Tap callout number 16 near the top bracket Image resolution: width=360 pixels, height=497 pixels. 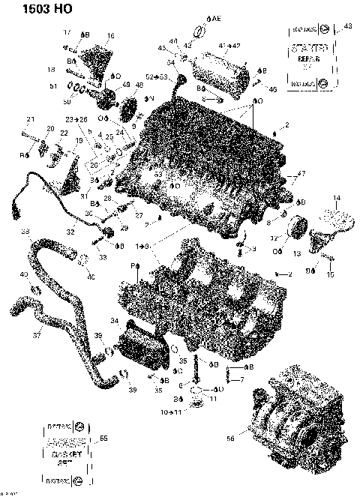click(110, 35)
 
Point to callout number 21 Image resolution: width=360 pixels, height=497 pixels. click(31, 120)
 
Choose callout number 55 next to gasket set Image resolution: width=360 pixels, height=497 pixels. click(103, 438)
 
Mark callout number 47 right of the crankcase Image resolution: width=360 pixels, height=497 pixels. click(302, 174)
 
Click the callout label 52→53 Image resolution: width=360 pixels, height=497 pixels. click(157, 77)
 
